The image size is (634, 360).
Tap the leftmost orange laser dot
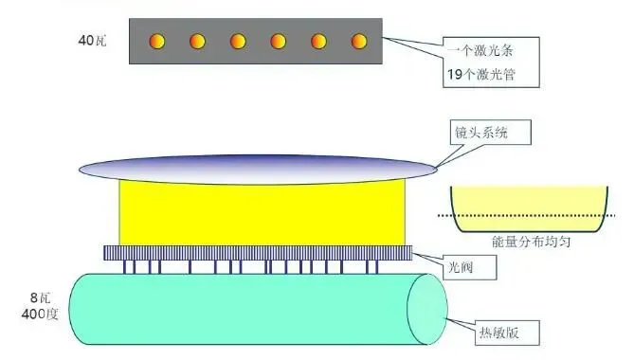pyautogui.click(x=157, y=41)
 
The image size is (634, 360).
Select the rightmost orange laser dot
pyautogui.click(x=359, y=41)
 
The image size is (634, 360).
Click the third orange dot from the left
pyautogui.click(x=238, y=41)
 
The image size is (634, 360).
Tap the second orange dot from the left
pyautogui.click(x=198, y=41)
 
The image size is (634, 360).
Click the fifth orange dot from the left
pyautogui.click(x=318, y=41)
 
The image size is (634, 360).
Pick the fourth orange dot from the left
pyautogui.click(x=279, y=41)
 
